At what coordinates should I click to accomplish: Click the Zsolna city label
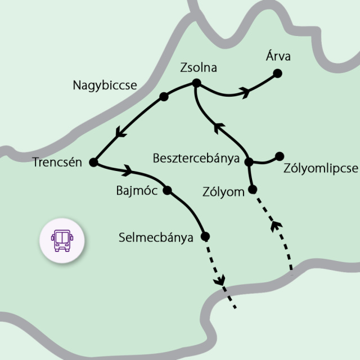pos(198,68)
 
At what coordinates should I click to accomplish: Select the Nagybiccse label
pos(105,85)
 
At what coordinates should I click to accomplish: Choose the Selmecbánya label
pos(156,237)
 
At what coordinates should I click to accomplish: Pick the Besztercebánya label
pos(196,158)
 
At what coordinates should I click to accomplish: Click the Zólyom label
pos(223,192)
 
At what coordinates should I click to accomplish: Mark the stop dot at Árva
pos(277,73)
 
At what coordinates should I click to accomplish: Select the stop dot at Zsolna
pos(196,84)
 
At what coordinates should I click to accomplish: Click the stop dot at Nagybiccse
pos(164,97)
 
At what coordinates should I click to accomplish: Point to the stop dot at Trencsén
pos(93,163)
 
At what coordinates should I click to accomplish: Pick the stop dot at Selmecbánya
pos(205,236)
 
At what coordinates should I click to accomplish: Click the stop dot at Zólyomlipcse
pos(280,156)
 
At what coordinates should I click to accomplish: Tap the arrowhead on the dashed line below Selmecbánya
pos(220,279)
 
